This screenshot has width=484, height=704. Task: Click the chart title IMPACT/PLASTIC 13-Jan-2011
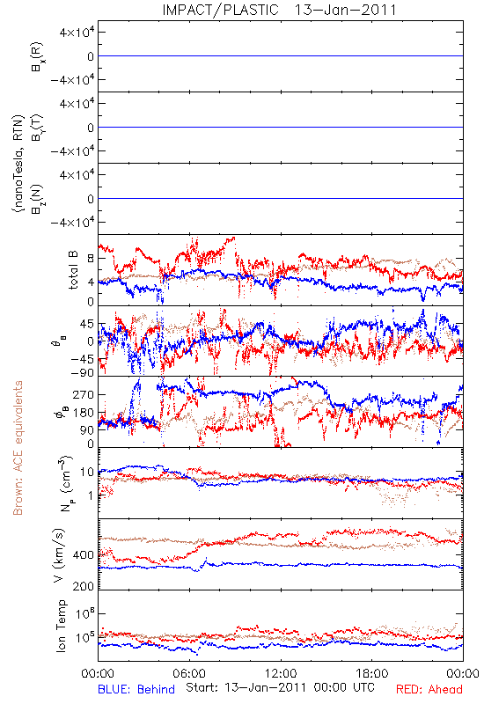[279, 10]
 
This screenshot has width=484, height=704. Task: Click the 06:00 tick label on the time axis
[189, 673]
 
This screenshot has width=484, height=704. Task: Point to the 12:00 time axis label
[281, 673]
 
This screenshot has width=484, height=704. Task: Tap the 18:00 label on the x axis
[372, 673]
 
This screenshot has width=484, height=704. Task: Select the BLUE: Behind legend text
[136, 689]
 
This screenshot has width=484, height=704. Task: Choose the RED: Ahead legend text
[429, 689]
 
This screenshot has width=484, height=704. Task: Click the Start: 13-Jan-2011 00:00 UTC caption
[280, 687]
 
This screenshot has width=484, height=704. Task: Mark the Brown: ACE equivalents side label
[18, 448]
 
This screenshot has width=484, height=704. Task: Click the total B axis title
[73, 270]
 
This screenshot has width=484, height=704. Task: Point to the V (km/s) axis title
[59, 555]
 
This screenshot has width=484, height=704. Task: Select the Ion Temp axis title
[61, 626]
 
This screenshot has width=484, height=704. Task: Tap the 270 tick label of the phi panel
[84, 394]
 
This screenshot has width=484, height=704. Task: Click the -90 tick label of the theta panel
[83, 373]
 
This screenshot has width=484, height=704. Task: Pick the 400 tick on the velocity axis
[84, 555]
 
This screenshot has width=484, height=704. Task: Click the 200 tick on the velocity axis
[84, 586]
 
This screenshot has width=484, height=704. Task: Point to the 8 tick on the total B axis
[91, 259]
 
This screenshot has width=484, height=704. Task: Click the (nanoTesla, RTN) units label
[18, 164]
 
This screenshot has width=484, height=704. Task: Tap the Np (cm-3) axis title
[65, 483]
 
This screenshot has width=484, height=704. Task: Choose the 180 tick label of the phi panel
[84, 413]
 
